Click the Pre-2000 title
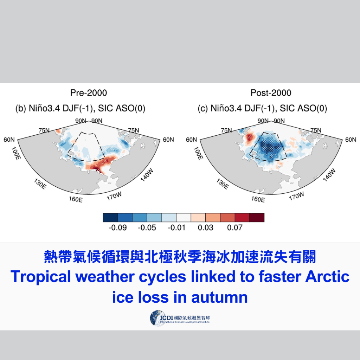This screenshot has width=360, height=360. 88,93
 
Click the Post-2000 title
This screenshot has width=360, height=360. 271,93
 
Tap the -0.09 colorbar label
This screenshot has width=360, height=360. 117,228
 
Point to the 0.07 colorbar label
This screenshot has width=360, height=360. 235,228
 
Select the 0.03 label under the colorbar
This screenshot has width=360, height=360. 205,228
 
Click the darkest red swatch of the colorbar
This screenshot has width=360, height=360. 257,218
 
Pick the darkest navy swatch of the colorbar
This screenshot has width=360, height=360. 110,218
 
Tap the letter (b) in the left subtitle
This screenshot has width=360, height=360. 20,109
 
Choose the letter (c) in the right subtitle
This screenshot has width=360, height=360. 202,109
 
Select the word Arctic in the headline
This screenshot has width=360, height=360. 327,277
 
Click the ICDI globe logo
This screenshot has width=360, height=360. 157,318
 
